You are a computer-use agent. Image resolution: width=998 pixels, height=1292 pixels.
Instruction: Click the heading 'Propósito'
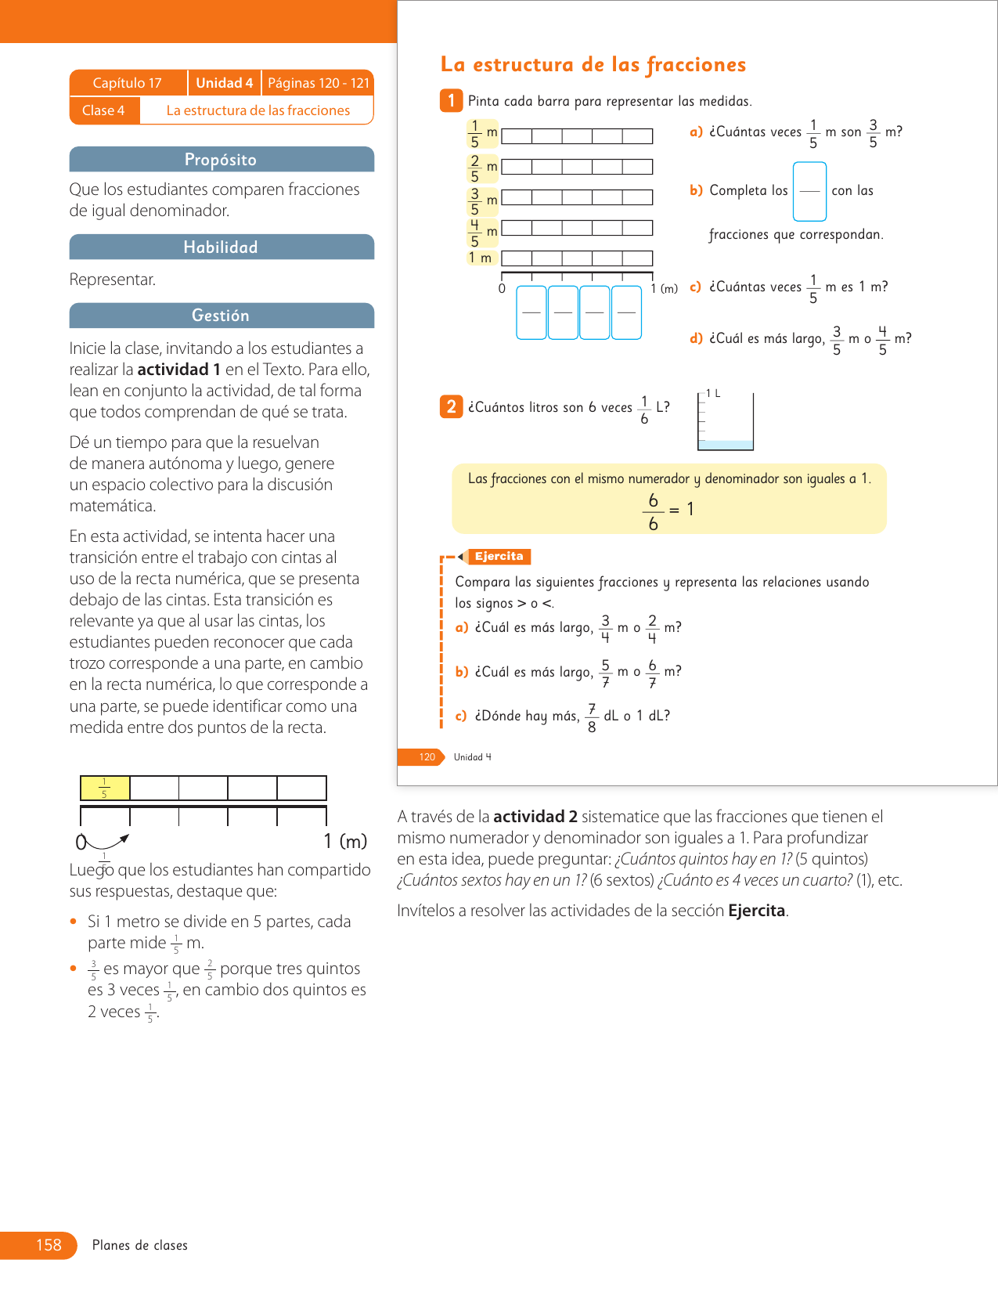(221, 160)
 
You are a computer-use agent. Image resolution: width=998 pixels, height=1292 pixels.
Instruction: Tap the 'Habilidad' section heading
(221, 247)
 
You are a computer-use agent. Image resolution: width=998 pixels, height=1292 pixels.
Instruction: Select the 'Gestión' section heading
(221, 316)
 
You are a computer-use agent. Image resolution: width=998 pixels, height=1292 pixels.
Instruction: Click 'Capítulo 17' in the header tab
(127, 83)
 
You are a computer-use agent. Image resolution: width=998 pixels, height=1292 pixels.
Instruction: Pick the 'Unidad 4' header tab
(224, 83)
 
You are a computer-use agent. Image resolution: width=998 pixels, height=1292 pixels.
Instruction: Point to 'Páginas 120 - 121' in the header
(318, 83)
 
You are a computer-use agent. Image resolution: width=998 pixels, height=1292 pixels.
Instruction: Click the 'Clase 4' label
(103, 110)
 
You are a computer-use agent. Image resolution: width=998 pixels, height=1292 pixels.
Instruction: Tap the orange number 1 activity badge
(451, 100)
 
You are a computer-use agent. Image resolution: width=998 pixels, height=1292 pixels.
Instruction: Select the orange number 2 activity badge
(451, 406)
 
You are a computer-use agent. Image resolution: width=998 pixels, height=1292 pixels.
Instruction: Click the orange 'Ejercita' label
(499, 557)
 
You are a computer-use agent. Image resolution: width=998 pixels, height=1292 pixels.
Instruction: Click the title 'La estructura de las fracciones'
(593, 64)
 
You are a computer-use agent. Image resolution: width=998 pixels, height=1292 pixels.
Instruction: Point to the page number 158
(49, 1245)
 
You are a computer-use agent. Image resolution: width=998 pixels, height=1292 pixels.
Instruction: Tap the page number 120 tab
(427, 757)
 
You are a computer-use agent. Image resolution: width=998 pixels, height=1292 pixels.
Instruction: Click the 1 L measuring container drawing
(726, 422)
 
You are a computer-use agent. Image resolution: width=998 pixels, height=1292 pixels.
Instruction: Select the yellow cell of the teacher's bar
(105, 788)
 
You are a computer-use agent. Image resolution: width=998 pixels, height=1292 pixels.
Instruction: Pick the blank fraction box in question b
(809, 192)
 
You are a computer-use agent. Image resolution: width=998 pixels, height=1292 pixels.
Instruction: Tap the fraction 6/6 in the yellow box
(653, 512)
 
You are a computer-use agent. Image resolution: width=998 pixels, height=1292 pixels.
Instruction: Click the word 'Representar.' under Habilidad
(112, 280)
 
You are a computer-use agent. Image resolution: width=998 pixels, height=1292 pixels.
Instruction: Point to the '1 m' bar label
(481, 258)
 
